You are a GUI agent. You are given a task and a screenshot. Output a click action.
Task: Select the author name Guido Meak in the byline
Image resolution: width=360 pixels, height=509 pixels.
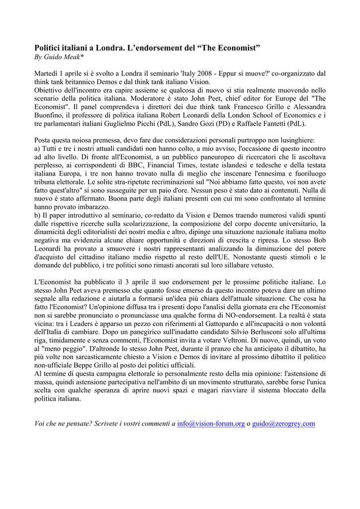coord(66,58)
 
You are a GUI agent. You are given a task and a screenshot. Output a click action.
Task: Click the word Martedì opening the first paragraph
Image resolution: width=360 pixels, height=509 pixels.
coord(47,74)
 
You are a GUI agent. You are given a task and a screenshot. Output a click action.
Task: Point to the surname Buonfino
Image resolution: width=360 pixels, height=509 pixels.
coord(49,115)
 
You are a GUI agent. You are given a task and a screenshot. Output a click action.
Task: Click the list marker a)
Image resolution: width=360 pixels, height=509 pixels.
coord(38,149)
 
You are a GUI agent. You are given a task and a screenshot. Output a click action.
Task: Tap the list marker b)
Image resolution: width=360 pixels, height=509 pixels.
coord(38,215)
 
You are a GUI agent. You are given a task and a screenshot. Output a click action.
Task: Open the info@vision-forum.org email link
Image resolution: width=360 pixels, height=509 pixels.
coord(211,424)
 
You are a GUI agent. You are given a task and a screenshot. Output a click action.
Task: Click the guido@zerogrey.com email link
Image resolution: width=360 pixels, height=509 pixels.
coord(283,424)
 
